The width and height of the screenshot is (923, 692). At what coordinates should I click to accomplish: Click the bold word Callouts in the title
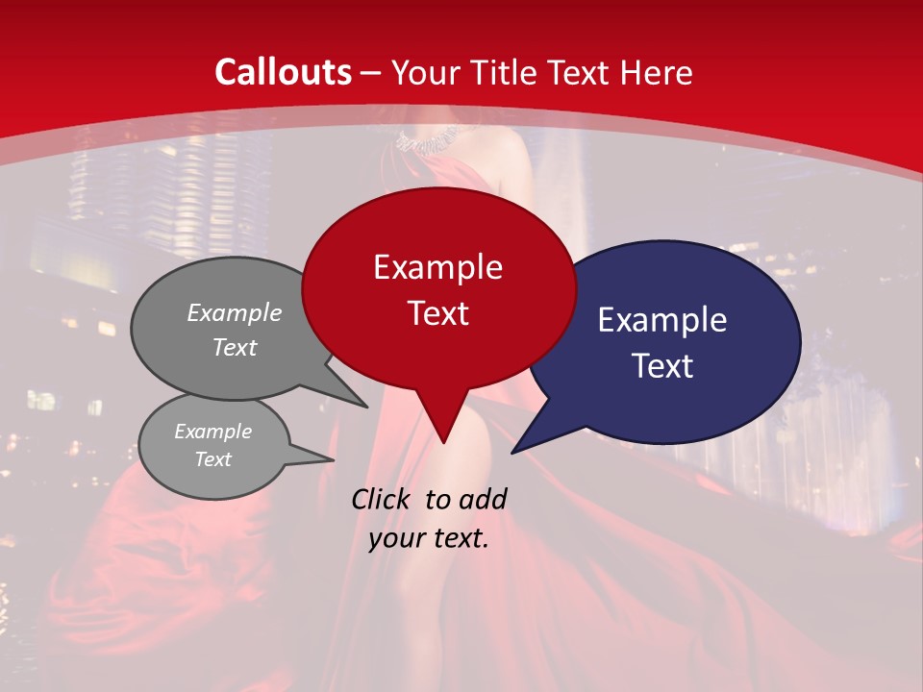[x=283, y=72]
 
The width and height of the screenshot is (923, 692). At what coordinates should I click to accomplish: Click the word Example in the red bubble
[x=437, y=267]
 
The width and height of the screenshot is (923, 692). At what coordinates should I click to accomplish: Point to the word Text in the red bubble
[x=437, y=313]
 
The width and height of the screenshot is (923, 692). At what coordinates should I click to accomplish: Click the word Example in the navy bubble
[x=662, y=320]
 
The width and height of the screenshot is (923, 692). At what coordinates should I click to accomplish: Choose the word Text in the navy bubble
[x=662, y=366]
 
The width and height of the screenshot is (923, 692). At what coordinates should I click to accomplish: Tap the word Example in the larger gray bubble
[x=235, y=312]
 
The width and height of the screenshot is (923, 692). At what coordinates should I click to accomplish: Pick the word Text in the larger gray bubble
[x=235, y=347]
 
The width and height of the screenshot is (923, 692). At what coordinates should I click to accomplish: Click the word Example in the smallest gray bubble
[x=212, y=432]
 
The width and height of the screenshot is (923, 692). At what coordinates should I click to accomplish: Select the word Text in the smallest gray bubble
[x=212, y=459]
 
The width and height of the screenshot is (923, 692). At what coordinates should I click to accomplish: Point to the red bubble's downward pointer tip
[x=443, y=442]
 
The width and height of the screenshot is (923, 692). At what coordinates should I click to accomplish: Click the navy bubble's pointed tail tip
[x=512, y=452]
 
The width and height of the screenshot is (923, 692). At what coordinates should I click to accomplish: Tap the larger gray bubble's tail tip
[x=367, y=407]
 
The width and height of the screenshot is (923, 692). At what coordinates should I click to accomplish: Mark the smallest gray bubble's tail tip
[x=333, y=458]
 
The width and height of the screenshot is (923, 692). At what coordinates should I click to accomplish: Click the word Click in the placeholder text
[x=384, y=499]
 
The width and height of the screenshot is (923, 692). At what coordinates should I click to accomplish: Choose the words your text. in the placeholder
[x=429, y=539]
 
